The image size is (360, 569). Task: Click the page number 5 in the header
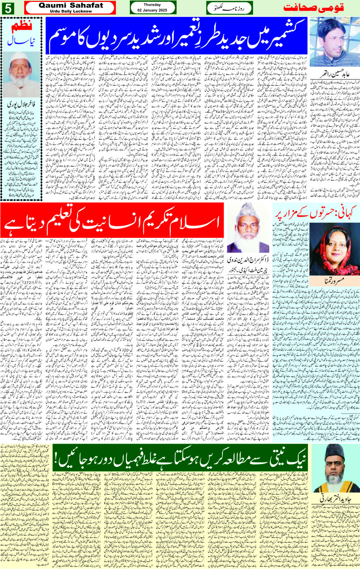tap(8, 8)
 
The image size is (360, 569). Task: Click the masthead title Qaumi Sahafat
tap(71, 5)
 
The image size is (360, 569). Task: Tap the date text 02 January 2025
tap(152, 10)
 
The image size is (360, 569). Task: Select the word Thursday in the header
tap(152, 5)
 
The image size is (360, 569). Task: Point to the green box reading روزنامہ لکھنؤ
tap(229, 8)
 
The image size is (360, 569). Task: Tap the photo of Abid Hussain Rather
tap(334, 42)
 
